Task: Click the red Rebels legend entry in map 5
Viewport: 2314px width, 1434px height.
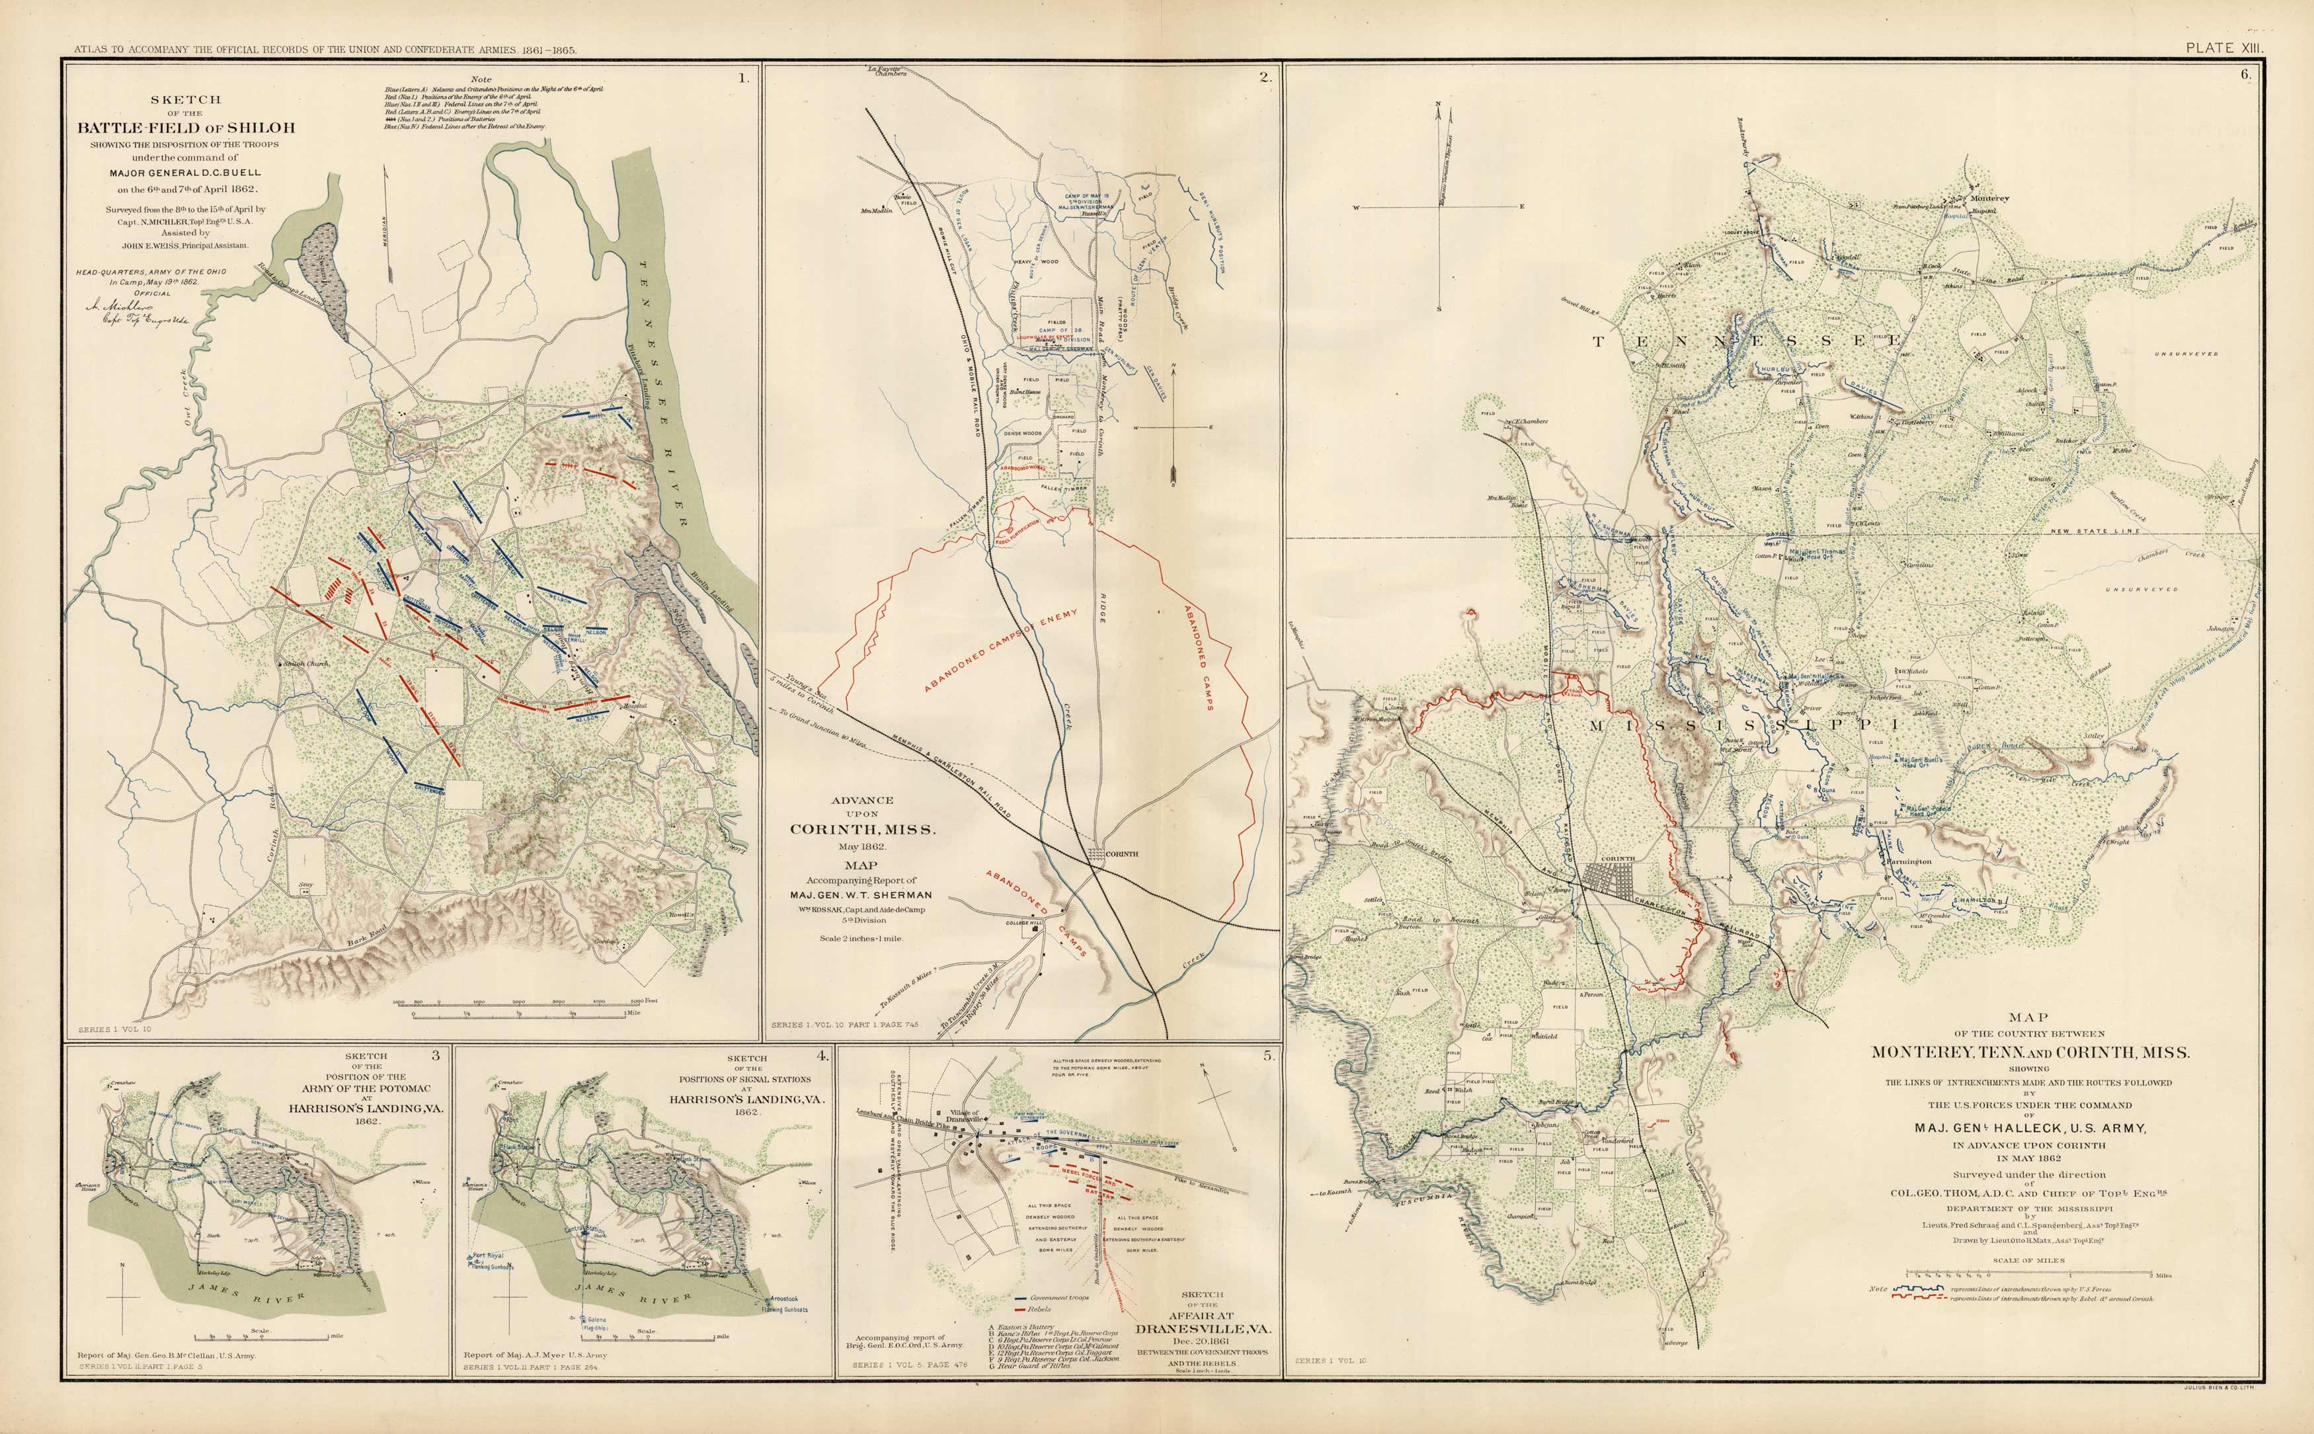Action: pos(1039,1310)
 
